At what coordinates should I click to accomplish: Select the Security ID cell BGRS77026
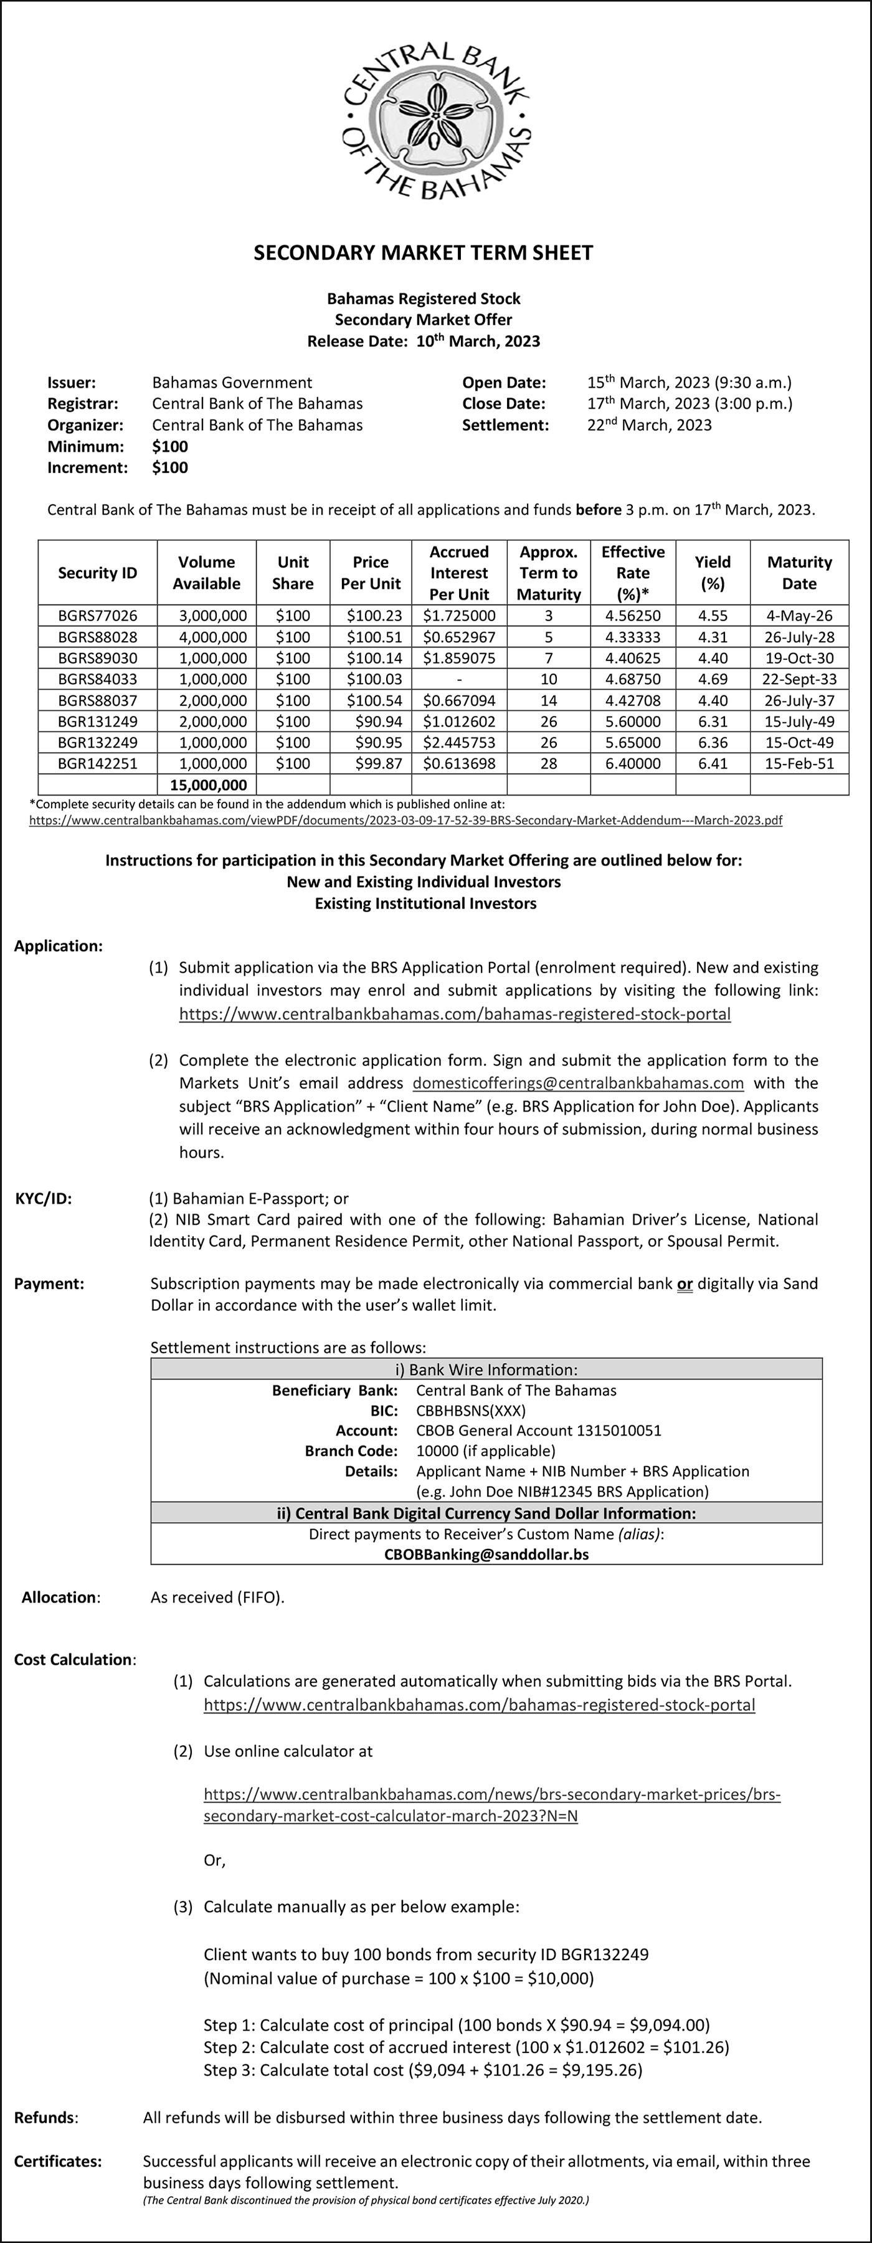point(97,616)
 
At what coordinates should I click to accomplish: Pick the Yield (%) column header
point(712,573)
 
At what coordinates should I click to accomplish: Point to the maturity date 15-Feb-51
point(799,764)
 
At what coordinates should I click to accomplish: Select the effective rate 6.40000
point(633,764)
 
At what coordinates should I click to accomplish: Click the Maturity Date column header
point(799,573)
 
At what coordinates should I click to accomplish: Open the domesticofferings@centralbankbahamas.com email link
point(578,1083)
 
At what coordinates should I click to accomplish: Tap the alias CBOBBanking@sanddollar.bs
point(486,1555)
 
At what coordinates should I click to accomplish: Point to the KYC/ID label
point(44,1198)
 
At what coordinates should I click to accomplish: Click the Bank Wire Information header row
point(486,1369)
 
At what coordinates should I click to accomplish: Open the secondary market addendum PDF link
point(405,820)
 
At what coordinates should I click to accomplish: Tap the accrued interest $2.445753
point(458,743)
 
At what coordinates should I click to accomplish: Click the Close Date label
point(504,404)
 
